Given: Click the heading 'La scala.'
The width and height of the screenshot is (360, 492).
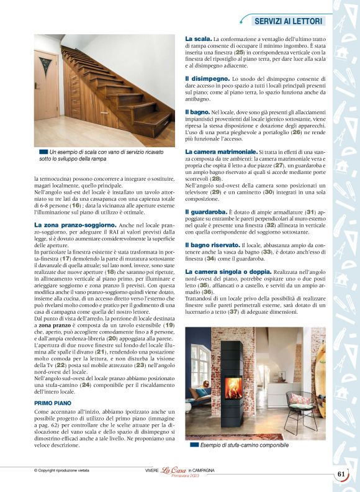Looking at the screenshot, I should (198, 39).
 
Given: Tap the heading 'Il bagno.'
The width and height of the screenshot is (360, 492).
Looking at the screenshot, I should (197, 111).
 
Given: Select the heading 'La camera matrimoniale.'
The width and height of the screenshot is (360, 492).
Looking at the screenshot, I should (221, 152).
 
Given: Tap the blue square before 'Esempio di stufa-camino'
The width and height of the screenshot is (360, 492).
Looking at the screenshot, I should (195, 445).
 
